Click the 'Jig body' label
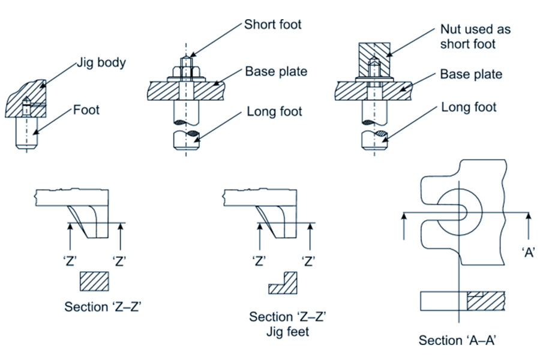click(101, 62)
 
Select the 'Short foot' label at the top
click(272, 25)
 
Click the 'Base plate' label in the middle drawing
click(276, 72)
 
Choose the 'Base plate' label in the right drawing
click(471, 74)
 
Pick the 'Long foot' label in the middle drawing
click(275, 111)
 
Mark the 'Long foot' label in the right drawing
click(469, 107)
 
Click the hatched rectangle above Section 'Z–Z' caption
click(95, 280)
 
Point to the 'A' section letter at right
click(529, 253)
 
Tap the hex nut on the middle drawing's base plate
click(188, 74)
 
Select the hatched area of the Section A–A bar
click(485, 301)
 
